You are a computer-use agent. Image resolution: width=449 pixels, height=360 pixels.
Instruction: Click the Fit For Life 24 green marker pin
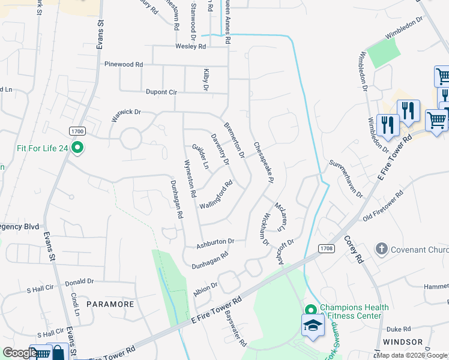(x=77, y=147)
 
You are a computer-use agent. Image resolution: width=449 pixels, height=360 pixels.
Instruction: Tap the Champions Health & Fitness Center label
(x=354, y=311)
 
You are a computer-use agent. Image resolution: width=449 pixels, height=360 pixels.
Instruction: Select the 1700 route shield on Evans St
(x=77, y=130)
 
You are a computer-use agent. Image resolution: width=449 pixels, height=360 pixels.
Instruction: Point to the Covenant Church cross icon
(x=380, y=249)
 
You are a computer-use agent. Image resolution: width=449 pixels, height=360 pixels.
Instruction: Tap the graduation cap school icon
(x=313, y=326)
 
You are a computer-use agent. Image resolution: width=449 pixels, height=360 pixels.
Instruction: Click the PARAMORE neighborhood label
(x=110, y=304)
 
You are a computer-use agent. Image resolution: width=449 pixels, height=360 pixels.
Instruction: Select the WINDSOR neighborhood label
(x=402, y=342)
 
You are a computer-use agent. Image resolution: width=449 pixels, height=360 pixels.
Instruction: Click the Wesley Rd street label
(x=190, y=46)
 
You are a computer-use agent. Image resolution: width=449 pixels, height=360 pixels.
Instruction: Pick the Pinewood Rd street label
(x=123, y=64)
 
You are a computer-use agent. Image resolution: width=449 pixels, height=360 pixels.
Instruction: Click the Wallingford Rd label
(x=215, y=195)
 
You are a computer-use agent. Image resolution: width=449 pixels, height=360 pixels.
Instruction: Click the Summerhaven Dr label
(x=346, y=178)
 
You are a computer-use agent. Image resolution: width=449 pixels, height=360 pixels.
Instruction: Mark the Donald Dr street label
(x=79, y=281)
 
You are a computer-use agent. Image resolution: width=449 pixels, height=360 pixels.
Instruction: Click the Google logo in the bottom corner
(x=19, y=353)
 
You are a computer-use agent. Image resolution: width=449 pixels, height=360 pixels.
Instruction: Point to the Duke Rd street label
(x=398, y=329)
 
